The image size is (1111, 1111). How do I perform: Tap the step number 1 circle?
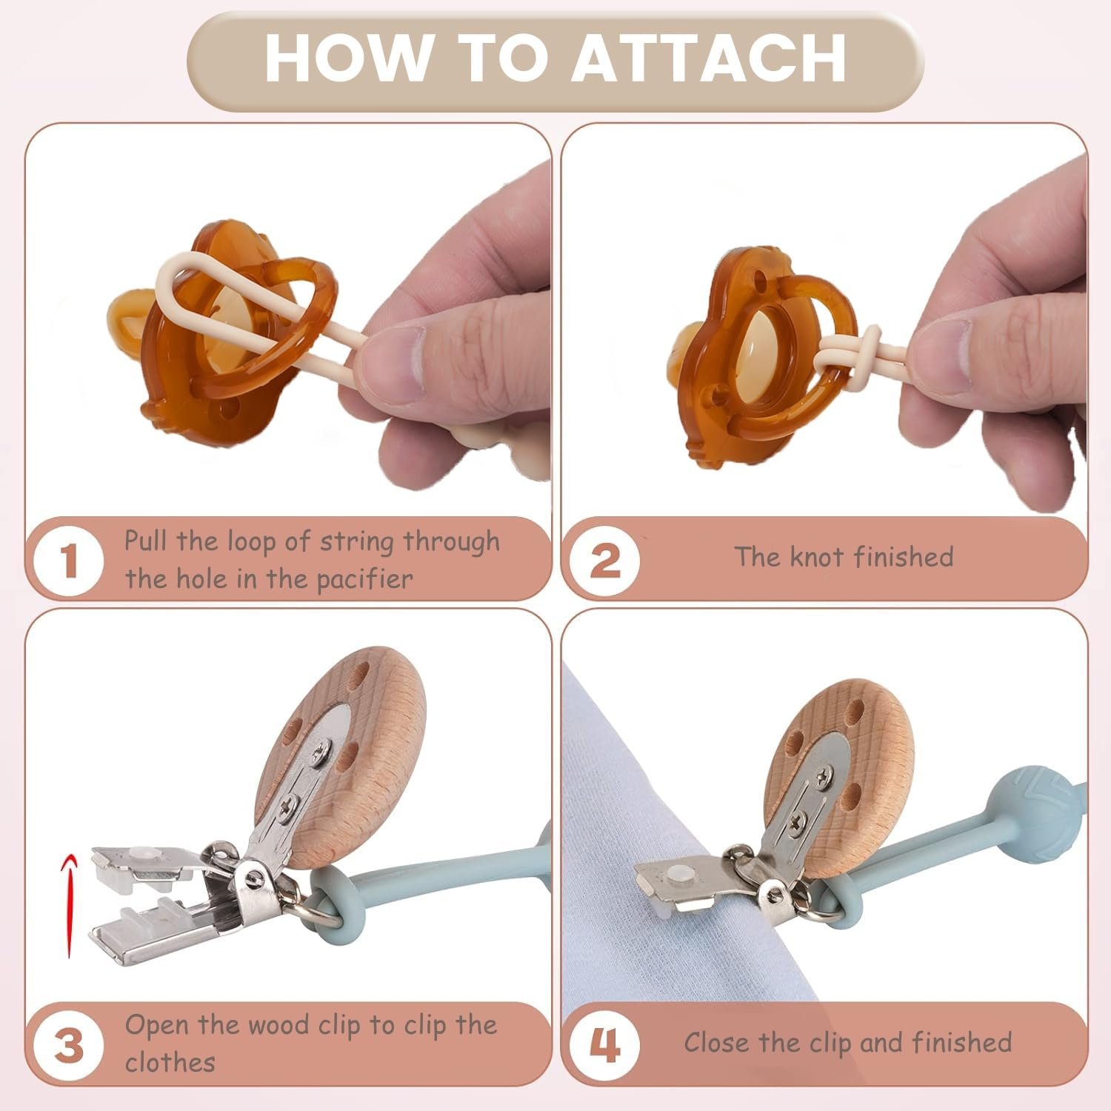tap(69, 561)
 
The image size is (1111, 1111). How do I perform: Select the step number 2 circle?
tap(605, 561)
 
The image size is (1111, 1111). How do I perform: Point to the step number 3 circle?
tap(69, 1044)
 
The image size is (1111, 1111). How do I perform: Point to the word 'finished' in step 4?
tap(961, 1042)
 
